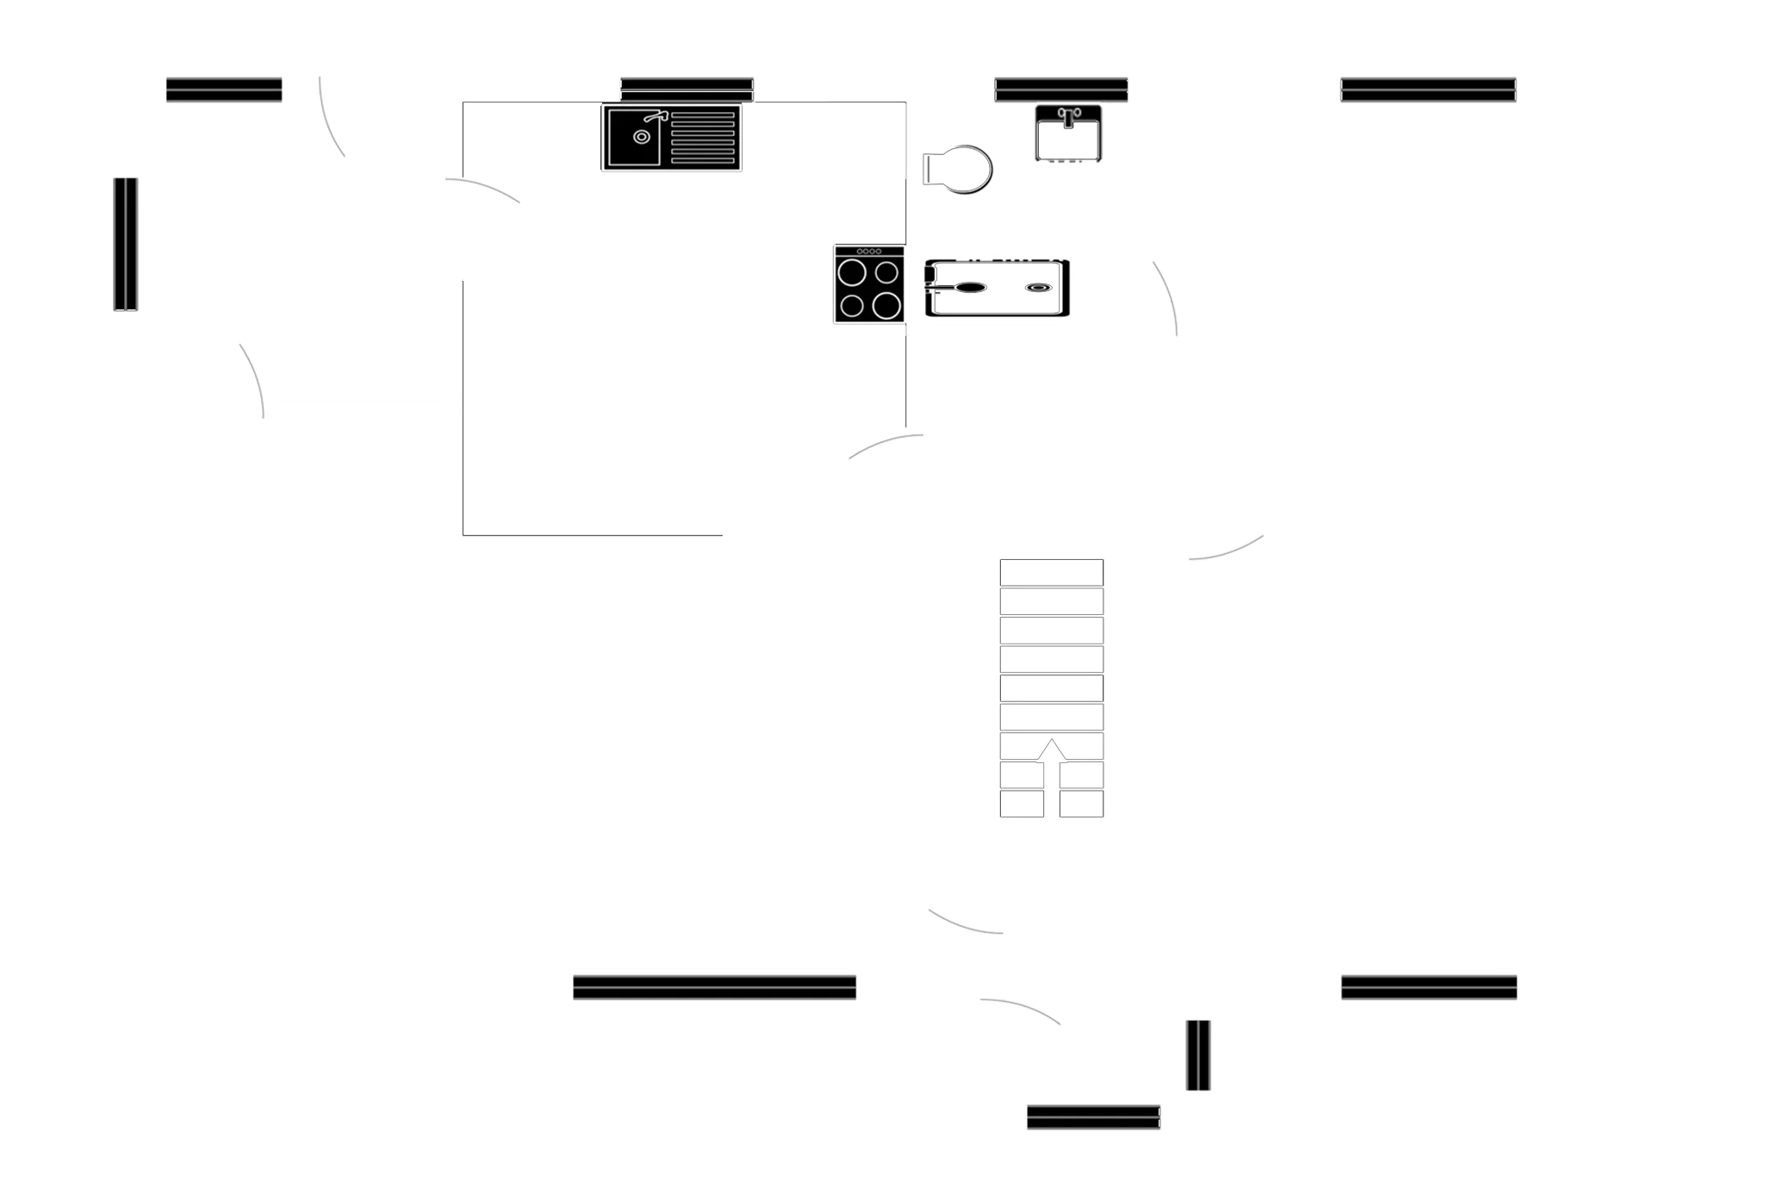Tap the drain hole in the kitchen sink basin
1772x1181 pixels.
[x=641, y=137]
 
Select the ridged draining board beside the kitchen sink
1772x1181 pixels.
[x=703, y=138]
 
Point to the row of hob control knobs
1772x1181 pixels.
[x=868, y=251]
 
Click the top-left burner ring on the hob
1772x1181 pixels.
[x=852, y=273]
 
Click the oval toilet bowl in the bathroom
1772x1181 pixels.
[x=963, y=170]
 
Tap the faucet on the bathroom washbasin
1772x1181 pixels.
[x=1068, y=115]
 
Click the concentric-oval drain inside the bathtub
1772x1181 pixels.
[x=1036, y=289]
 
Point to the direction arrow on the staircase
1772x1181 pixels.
[x=1051, y=749]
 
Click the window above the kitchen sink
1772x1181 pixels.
[x=687, y=88]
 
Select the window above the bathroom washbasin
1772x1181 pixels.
[x=1061, y=88]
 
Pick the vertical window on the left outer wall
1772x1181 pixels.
[x=126, y=243]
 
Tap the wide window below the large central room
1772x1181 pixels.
[x=714, y=988]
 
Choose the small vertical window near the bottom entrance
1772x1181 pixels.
[x=1195, y=1056]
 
